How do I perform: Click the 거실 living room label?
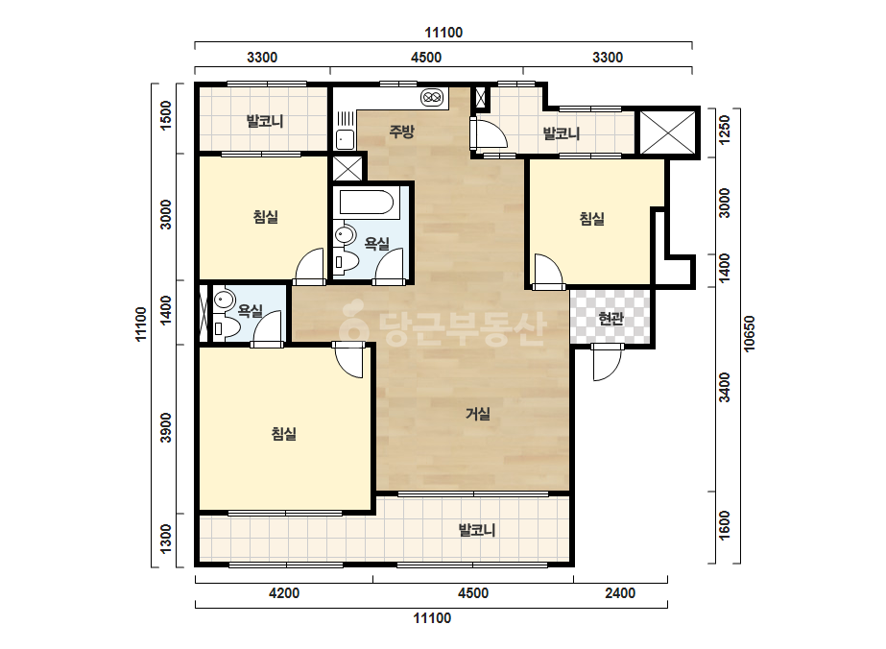(477, 414)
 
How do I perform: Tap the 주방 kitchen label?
(402, 132)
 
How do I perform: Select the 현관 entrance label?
(611, 319)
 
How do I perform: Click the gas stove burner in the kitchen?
(432, 97)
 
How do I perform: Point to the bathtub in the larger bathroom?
(367, 202)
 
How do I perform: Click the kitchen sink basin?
(346, 139)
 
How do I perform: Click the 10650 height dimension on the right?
(750, 333)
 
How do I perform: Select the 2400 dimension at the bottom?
(620, 593)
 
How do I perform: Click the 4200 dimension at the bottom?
(284, 593)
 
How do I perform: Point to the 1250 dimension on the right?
(725, 130)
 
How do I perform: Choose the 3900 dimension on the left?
(165, 428)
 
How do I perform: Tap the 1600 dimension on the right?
(725, 526)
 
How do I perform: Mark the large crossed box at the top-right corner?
(667, 132)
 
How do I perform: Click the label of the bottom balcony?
(477, 530)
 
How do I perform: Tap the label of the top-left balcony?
(264, 121)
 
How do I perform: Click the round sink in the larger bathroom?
(344, 234)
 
